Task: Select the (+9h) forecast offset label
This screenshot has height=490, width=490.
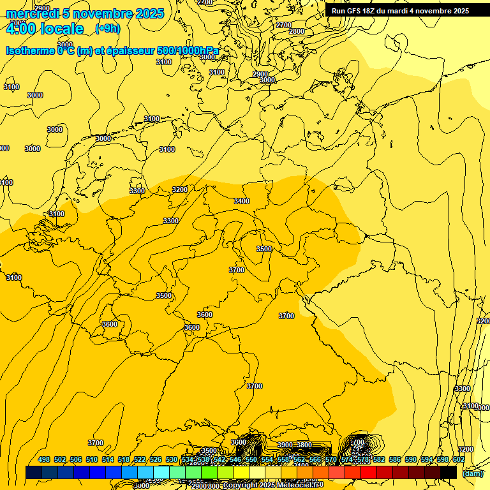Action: click(x=107, y=28)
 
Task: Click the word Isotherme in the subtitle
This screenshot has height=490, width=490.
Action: click(x=29, y=50)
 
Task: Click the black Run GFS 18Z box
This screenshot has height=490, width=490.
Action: click(x=400, y=11)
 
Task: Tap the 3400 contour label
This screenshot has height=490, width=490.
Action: click(x=242, y=201)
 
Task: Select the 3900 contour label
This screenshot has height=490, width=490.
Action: click(x=285, y=445)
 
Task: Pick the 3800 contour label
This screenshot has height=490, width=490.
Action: click(x=304, y=445)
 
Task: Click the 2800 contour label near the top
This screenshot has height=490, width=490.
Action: click(x=297, y=31)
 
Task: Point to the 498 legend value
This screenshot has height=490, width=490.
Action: click(x=44, y=459)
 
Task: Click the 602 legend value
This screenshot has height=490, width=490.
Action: click(x=459, y=459)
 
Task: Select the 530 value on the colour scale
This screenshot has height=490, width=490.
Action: click(x=172, y=459)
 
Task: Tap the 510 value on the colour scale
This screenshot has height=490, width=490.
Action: click(x=92, y=459)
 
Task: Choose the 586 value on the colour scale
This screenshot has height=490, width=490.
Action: click(x=395, y=459)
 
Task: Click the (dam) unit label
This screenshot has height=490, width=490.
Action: click(x=472, y=473)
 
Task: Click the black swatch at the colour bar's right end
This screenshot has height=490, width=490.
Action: click(x=449, y=472)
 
